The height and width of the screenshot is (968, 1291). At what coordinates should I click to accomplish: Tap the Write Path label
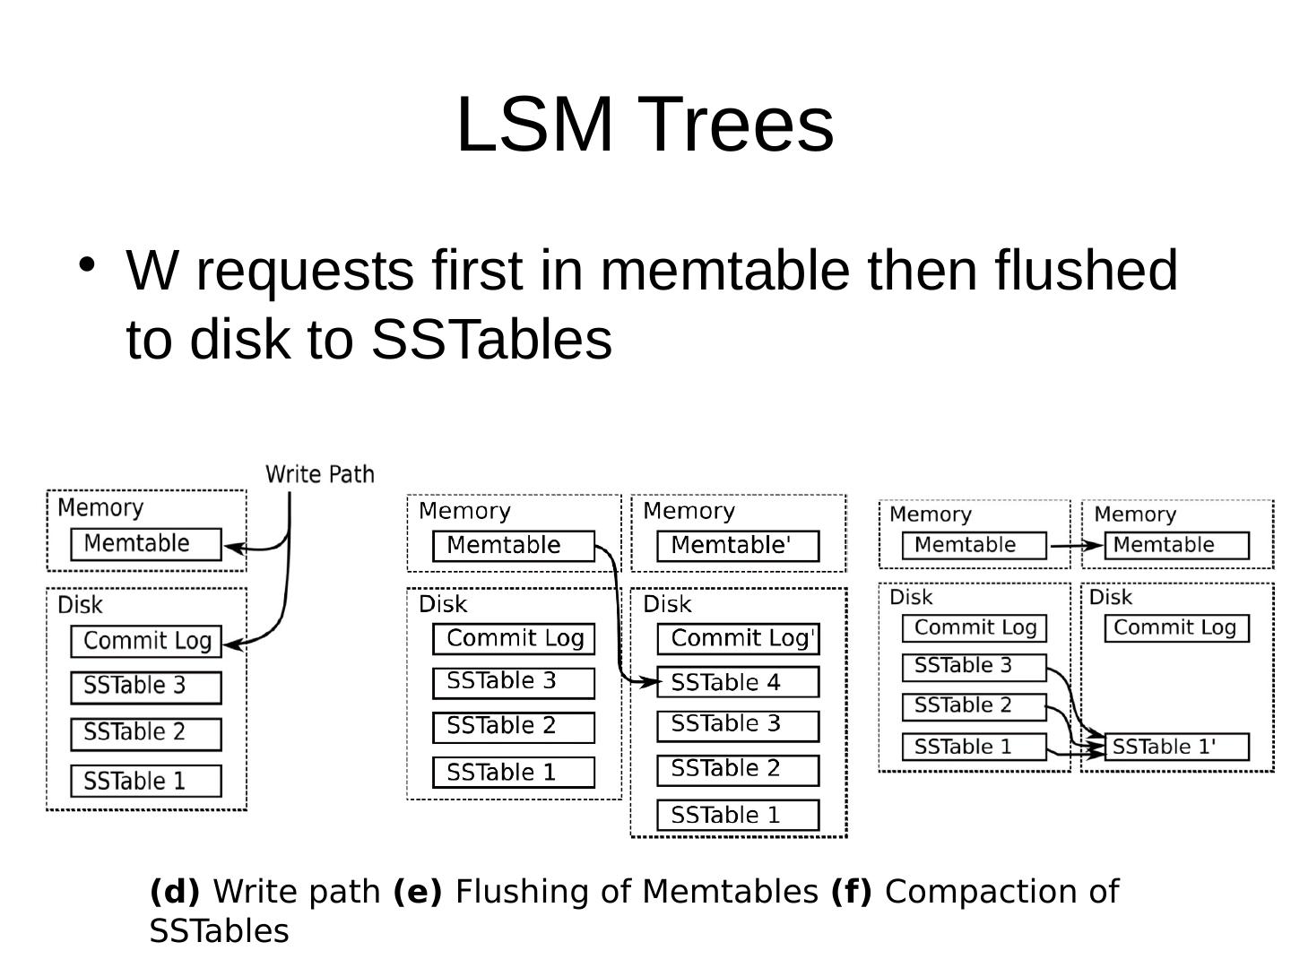click(x=319, y=474)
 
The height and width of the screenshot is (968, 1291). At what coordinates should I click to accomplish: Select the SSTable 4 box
click(x=737, y=682)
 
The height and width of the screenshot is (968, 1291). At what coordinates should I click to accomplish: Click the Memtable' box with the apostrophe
click(x=737, y=546)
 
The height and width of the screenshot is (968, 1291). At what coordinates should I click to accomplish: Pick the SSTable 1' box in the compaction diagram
click(x=1176, y=747)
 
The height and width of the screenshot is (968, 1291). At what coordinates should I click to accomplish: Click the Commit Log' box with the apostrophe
click(x=737, y=639)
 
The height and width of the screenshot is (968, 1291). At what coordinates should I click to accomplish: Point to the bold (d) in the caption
click(x=175, y=892)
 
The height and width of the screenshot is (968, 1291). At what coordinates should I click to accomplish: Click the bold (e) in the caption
click(x=418, y=892)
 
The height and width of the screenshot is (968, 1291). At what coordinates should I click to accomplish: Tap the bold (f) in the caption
click(x=851, y=892)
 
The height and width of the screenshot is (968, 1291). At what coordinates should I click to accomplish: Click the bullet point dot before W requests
click(x=87, y=264)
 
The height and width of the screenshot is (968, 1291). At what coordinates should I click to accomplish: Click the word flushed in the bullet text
click(x=1086, y=270)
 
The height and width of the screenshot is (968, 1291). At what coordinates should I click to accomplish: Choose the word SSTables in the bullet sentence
click(x=491, y=340)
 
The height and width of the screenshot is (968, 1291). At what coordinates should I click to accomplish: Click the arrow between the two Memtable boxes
click(x=1075, y=545)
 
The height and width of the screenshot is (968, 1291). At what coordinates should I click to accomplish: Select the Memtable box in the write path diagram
click(x=146, y=544)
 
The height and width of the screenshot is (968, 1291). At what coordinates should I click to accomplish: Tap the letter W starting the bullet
click(x=157, y=270)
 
